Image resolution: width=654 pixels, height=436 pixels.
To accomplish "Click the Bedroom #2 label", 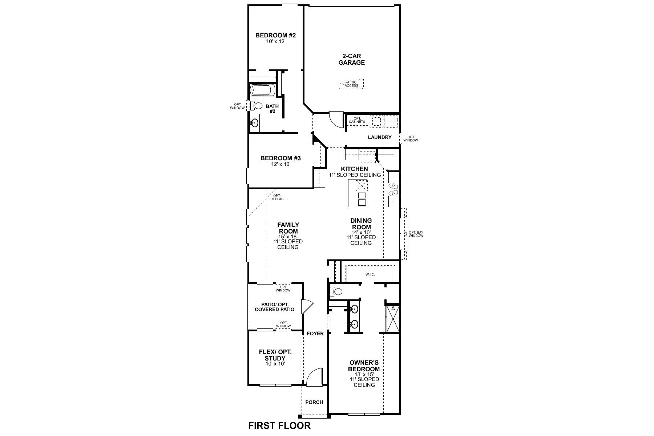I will (x=275, y=36).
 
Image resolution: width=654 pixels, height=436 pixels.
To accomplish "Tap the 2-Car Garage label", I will (x=351, y=59).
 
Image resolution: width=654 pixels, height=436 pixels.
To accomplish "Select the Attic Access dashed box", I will (x=351, y=84).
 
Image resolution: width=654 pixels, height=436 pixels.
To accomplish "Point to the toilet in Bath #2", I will (x=258, y=106).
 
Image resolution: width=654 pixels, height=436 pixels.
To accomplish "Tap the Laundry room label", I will (x=379, y=137).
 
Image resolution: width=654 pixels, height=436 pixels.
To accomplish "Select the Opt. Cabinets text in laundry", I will (x=357, y=120).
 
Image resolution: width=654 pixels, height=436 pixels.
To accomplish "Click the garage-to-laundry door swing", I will (x=336, y=119).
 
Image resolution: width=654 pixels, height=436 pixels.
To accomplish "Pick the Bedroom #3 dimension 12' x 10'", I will (x=280, y=164).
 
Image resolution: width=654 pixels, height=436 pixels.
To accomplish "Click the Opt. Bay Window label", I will (x=416, y=234).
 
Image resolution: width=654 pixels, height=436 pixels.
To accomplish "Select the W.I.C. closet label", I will (x=370, y=274).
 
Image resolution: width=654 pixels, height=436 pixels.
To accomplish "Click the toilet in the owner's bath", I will (x=337, y=291).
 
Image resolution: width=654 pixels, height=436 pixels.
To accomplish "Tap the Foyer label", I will (x=315, y=334).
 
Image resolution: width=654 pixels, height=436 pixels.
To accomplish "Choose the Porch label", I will (x=314, y=402).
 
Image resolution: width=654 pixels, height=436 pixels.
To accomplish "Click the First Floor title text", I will (x=279, y=425).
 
